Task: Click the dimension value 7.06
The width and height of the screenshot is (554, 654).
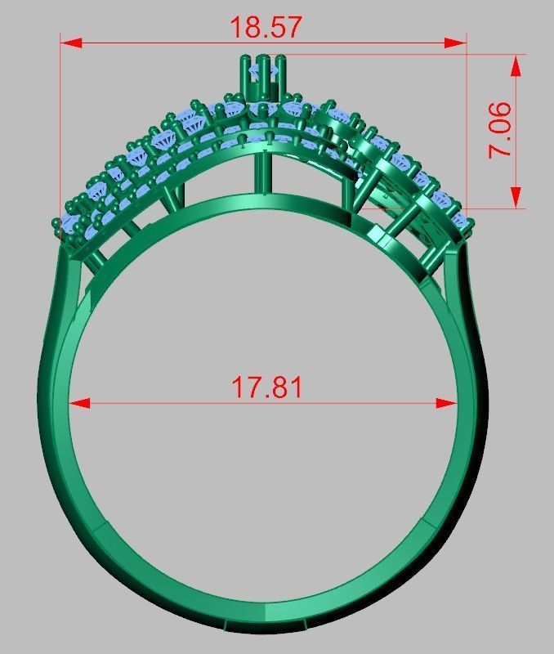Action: pos(500,130)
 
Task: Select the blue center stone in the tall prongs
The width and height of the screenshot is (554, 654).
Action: pos(263,74)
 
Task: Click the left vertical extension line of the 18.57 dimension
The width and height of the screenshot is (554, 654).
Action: pos(60,123)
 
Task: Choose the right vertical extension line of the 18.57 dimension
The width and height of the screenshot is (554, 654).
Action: pos(467,123)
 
